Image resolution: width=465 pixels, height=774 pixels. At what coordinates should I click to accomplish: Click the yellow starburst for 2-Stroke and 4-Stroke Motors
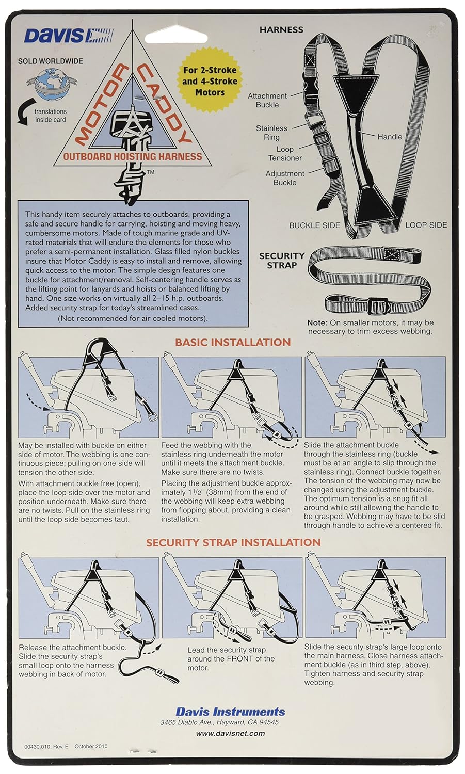pyautogui.click(x=210, y=81)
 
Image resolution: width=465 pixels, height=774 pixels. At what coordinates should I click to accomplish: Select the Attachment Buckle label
pyautogui.click(x=267, y=100)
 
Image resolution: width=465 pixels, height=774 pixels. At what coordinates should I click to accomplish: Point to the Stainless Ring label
pyautogui.click(x=271, y=133)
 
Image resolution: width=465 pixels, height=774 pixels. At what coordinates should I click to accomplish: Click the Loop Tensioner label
pyautogui.click(x=285, y=154)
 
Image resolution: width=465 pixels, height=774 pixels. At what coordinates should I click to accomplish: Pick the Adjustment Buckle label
pyautogui.click(x=285, y=178)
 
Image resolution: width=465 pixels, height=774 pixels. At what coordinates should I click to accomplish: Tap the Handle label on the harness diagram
pyautogui.click(x=389, y=137)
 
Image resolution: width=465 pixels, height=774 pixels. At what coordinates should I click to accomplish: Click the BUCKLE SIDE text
pyautogui.click(x=314, y=225)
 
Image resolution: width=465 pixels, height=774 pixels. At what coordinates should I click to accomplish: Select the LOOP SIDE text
pyautogui.click(x=426, y=225)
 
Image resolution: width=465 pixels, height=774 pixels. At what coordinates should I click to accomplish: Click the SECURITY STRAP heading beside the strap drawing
pyautogui.click(x=282, y=261)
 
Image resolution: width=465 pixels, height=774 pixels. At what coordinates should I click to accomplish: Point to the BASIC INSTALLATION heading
pyautogui.click(x=233, y=342)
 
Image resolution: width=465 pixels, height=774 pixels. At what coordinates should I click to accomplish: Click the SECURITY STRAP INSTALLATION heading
pyautogui.click(x=233, y=542)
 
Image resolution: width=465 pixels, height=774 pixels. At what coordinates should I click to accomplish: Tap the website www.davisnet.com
pyautogui.click(x=230, y=733)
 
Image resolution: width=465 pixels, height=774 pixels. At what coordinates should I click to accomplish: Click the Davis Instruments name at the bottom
pyautogui.click(x=230, y=712)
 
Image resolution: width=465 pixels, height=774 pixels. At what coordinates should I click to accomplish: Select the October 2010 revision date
pyautogui.click(x=91, y=746)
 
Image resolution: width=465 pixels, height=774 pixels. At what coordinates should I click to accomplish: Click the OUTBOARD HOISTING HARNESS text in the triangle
pyautogui.click(x=133, y=156)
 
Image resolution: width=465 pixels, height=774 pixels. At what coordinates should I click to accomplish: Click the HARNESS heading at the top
pyautogui.click(x=281, y=30)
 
